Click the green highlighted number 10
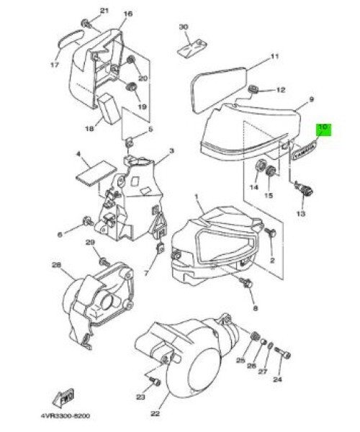click(323, 129)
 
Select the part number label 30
click(183, 27)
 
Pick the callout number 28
click(56, 265)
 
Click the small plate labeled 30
click(192, 48)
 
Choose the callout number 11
click(274, 56)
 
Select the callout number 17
click(54, 64)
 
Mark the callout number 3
click(171, 152)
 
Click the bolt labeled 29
click(103, 260)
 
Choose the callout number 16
click(128, 14)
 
